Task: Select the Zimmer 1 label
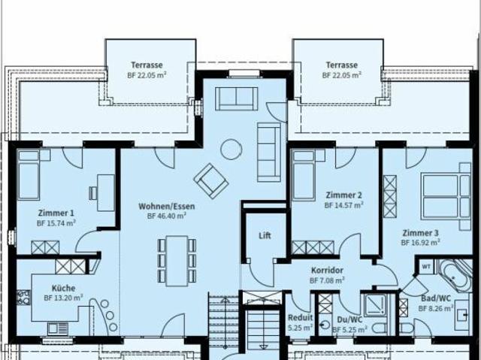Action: click(56, 213)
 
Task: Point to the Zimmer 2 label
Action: click(343, 195)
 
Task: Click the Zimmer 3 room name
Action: click(420, 233)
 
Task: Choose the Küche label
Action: click(63, 288)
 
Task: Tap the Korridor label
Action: click(327, 271)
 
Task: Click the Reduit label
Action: click(300, 317)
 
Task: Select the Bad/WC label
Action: click(434, 298)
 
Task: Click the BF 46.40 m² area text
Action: click(167, 215)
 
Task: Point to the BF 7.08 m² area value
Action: click(327, 280)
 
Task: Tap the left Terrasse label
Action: click(146, 65)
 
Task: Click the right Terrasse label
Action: click(342, 65)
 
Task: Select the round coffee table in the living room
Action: click(230, 150)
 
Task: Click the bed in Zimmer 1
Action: click(29, 175)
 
